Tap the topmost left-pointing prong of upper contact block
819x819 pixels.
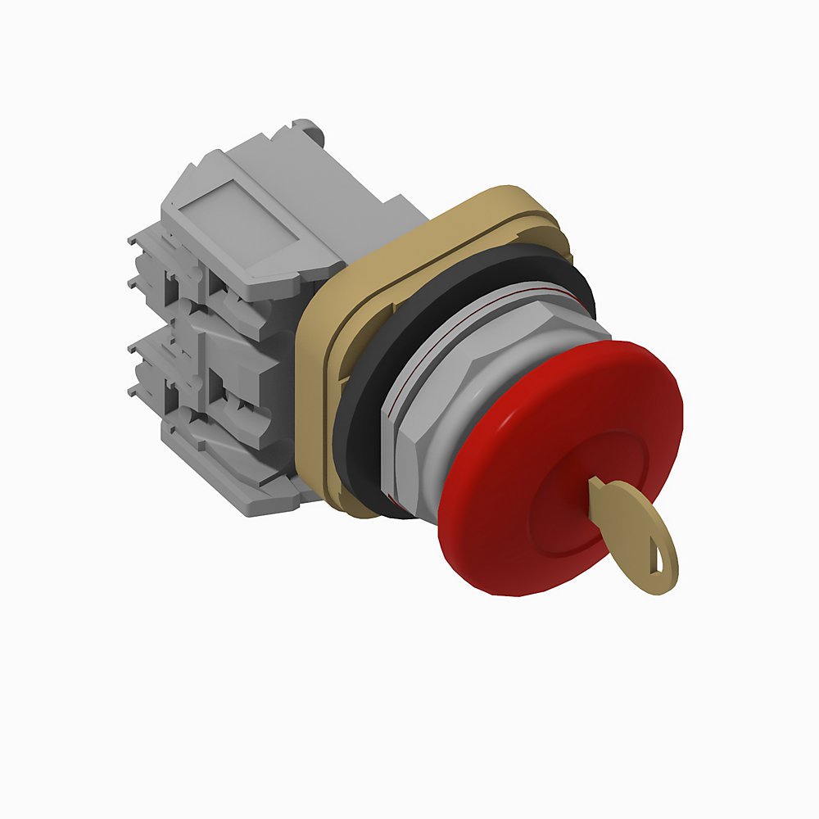click(x=134, y=238)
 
